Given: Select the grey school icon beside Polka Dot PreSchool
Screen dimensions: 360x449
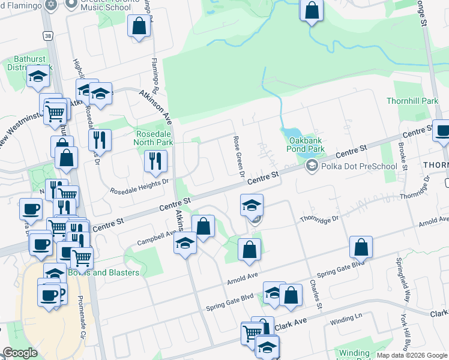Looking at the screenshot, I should point(312,166).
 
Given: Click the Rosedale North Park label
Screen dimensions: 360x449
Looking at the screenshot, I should point(155,137).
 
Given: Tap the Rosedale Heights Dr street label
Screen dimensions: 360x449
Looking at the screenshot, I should point(140,190).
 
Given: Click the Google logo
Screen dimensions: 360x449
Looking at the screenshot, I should point(20,353).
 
